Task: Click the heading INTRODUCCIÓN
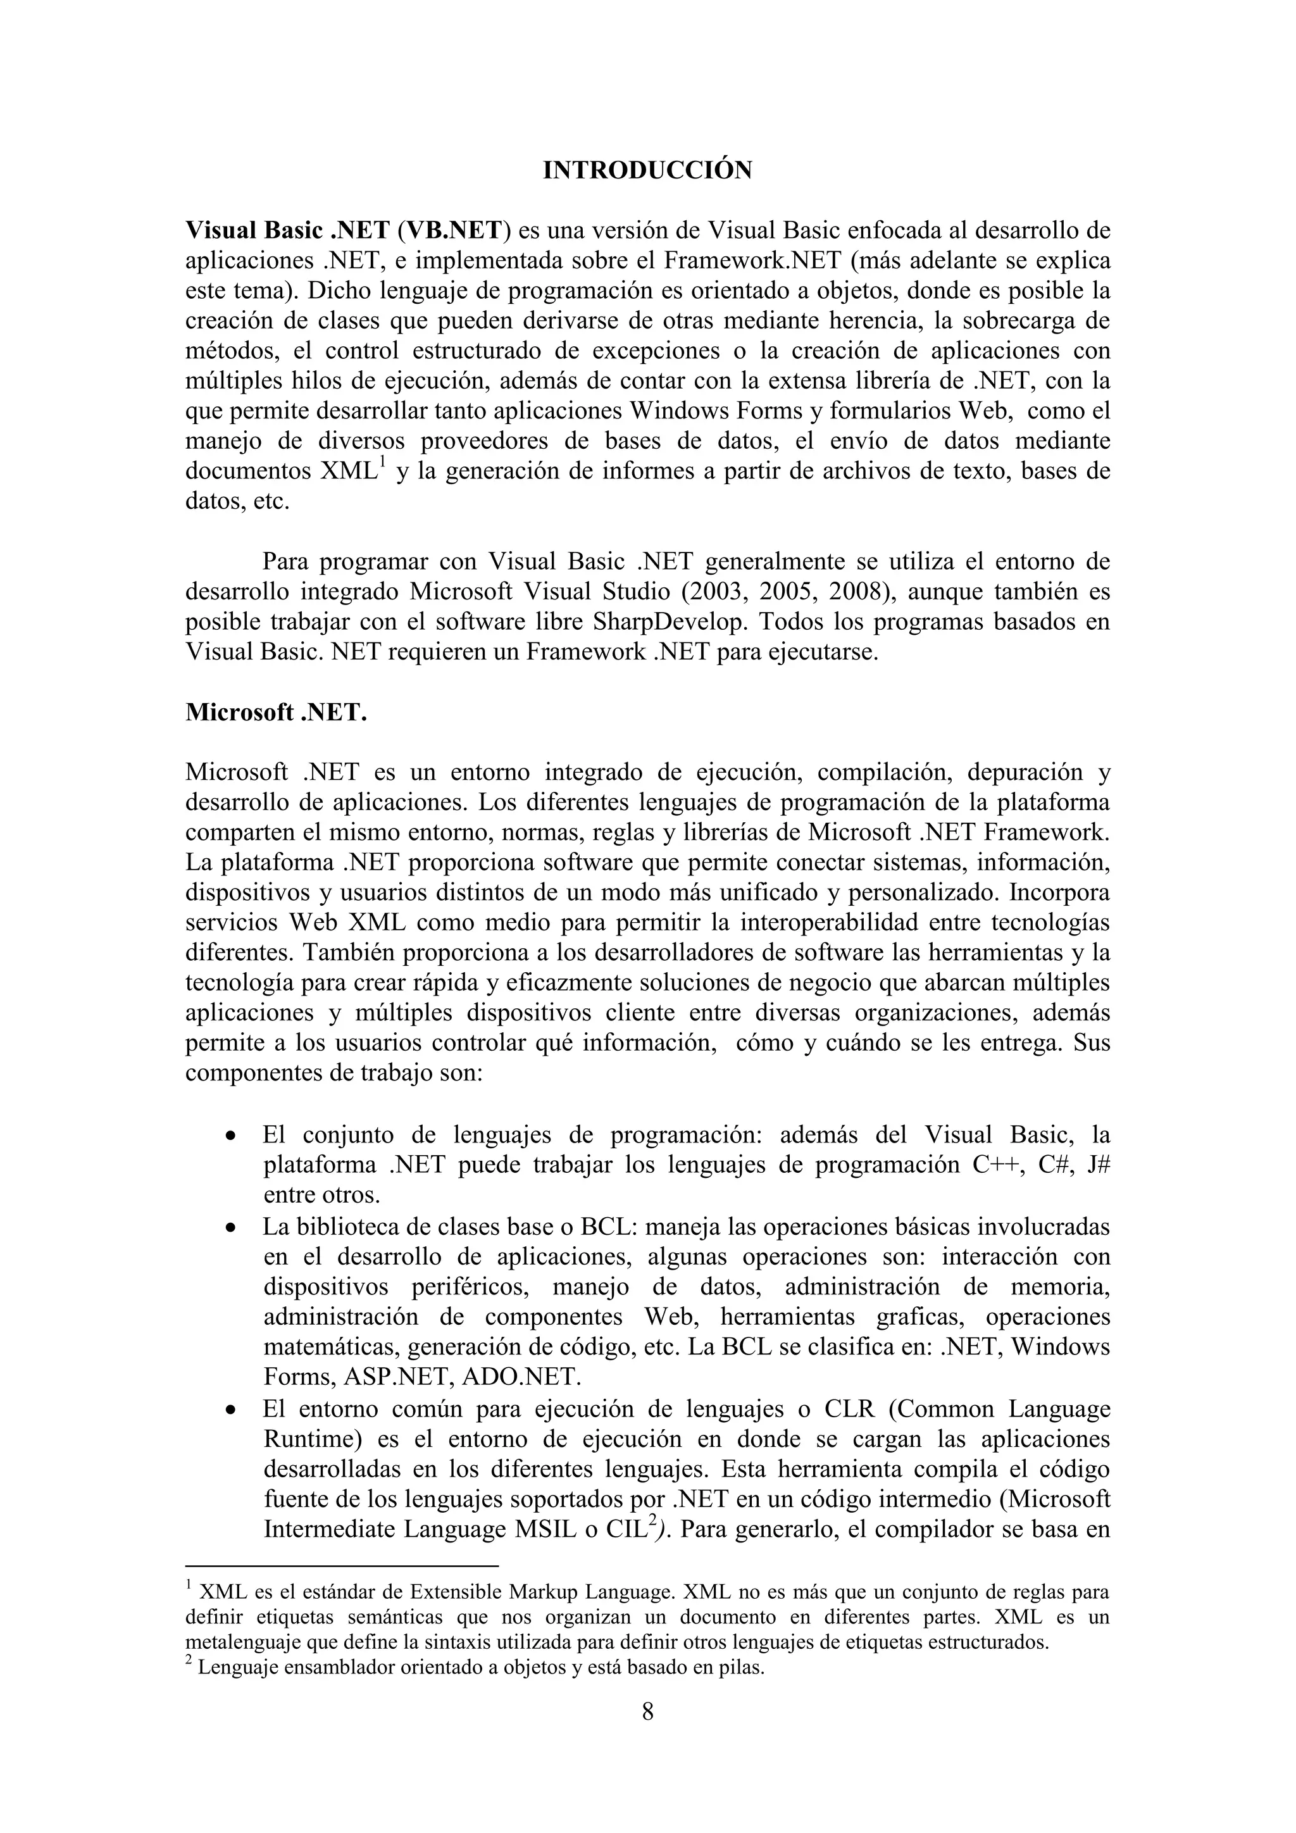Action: [647, 171]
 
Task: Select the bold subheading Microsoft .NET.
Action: [276, 712]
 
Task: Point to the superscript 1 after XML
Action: [382, 462]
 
